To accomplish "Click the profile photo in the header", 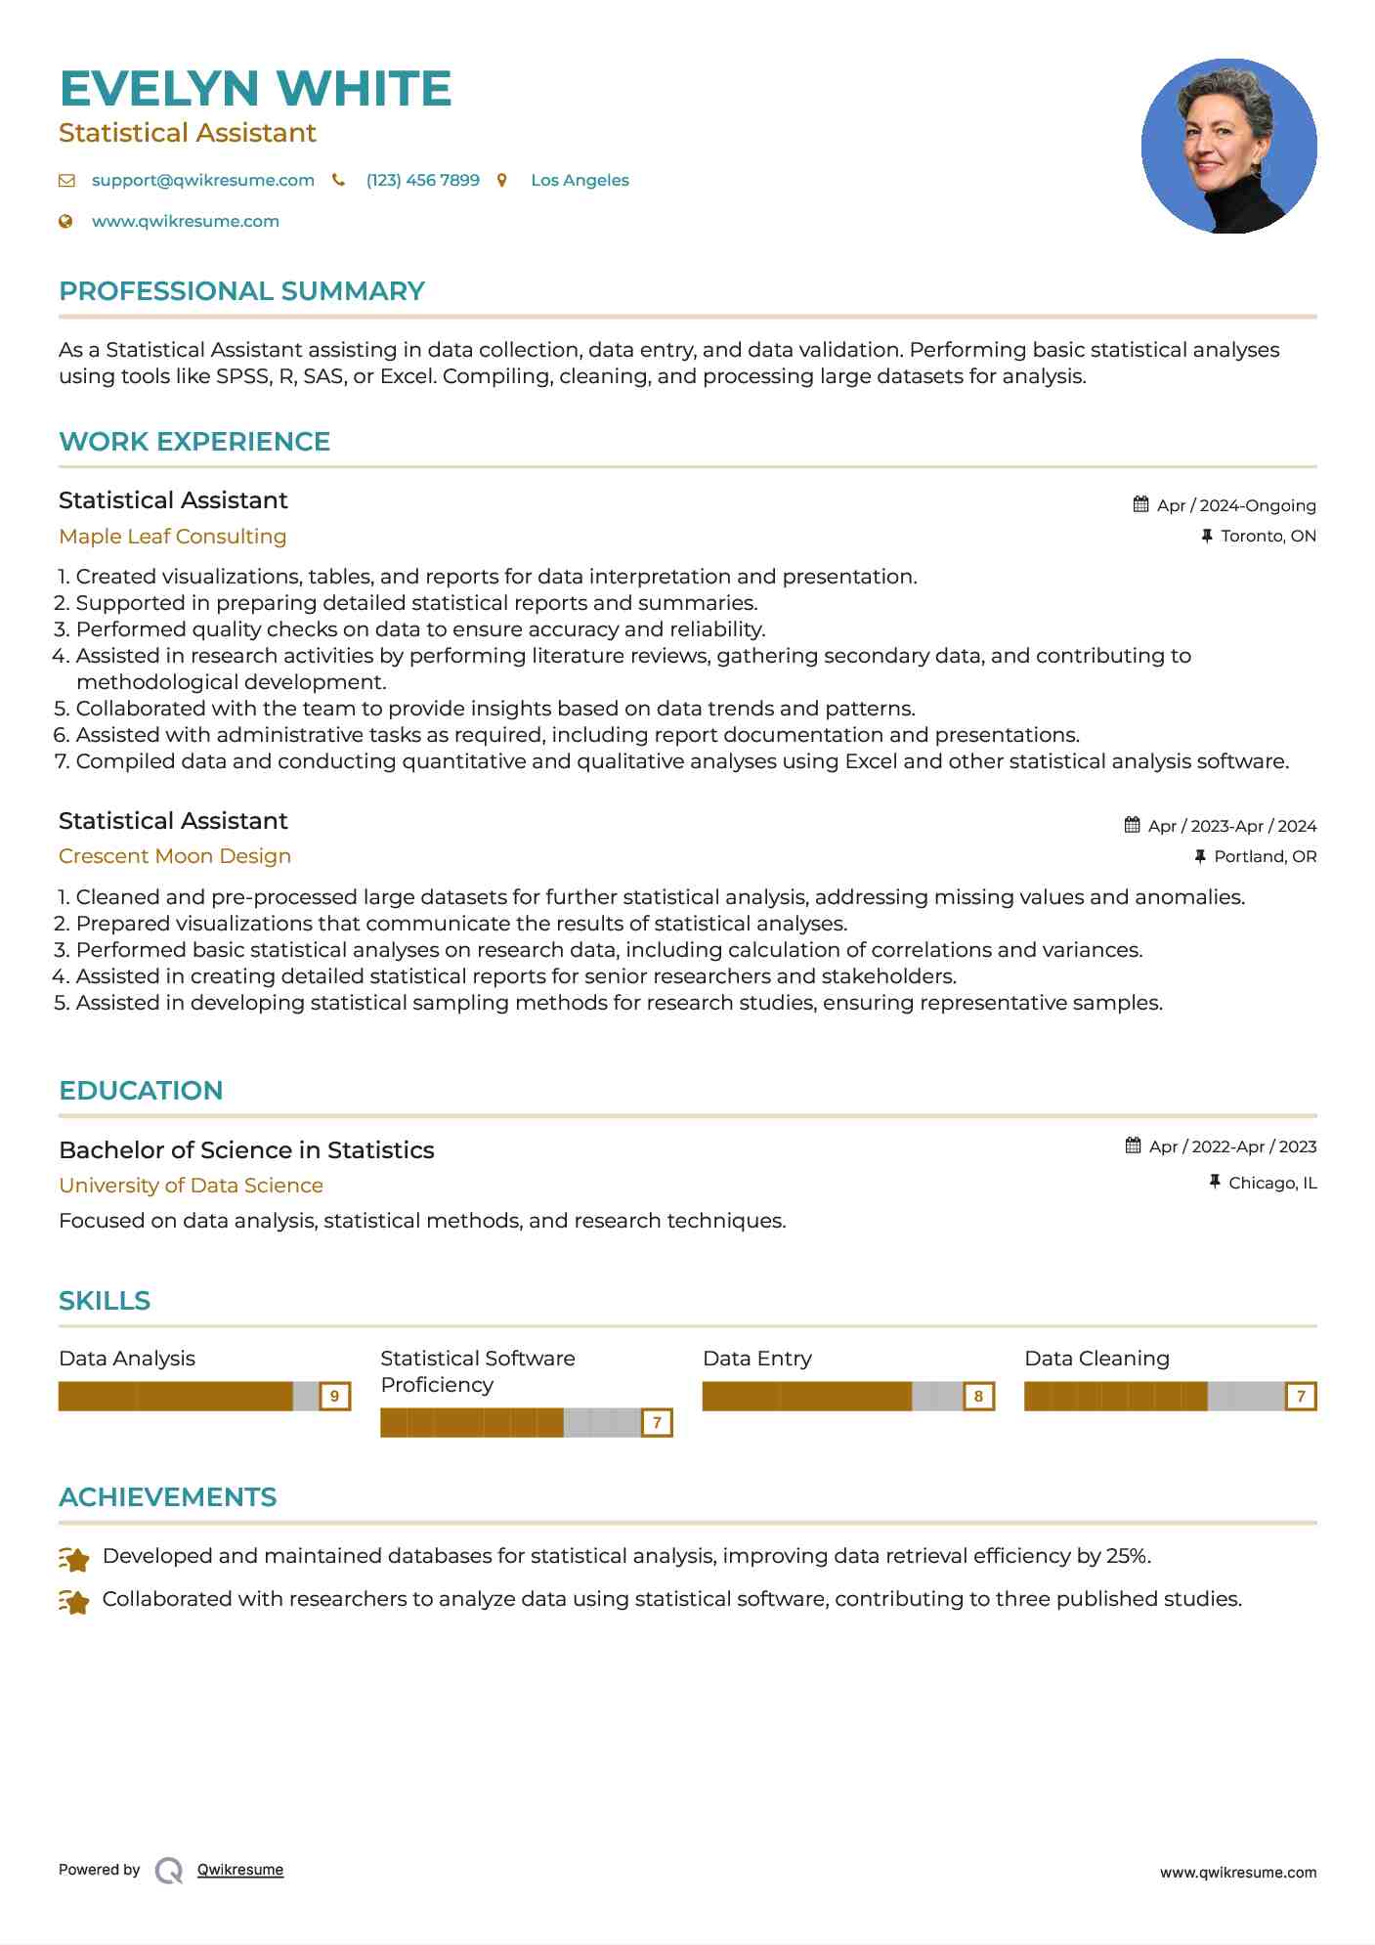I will coord(1228,147).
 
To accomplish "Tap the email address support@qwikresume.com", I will coord(202,181).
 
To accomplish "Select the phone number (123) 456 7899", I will coord(422,181).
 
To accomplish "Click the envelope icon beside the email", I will coord(66,181).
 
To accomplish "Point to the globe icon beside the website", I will coord(65,222).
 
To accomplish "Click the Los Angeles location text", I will coord(580,181).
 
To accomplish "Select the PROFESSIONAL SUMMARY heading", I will coord(241,291).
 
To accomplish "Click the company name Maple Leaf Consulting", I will coord(172,537).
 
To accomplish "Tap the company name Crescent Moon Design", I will coord(175,856).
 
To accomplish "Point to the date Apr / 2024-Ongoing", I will coord(1235,505).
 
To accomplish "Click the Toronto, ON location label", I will coord(1268,537).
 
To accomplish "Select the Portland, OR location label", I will coord(1265,857).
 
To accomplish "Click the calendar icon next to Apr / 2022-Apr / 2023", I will coord(1133,1145).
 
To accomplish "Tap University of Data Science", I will coord(191,1186).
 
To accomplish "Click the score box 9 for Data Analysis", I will coord(334,1396).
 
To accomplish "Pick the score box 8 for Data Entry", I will coord(978,1396).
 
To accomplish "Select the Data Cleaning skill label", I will coord(1096,1359).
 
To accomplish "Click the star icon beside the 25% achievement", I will coord(74,1558).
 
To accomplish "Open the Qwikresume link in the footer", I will coord(239,1870).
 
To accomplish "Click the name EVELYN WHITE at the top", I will coord(255,89).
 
